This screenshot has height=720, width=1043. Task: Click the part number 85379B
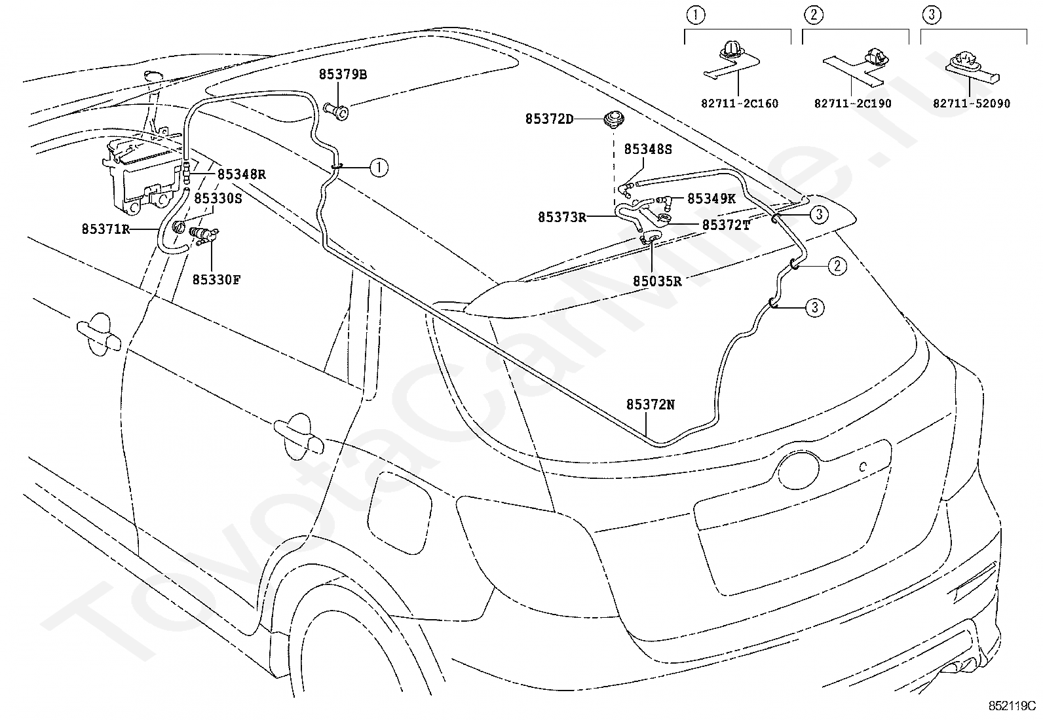(343, 75)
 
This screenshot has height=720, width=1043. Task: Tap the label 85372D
(550, 119)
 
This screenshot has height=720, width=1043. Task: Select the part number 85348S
(648, 149)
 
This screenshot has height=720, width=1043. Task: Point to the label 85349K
(711, 199)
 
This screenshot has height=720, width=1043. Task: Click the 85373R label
(562, 217)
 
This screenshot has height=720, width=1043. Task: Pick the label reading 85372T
(727, 225)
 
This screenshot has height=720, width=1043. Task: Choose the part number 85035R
(657, 281)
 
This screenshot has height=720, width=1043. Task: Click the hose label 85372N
(650, 405)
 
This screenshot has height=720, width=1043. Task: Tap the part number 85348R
(242, 174)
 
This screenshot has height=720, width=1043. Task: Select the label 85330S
(218, 199)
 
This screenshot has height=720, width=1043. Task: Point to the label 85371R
(105, 229)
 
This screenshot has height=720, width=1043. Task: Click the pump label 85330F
(216, 280)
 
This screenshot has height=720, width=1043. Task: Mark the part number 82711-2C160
(740, 104)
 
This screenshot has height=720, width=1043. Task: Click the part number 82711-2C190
(852, 104)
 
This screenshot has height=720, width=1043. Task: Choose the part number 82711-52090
(972, 104)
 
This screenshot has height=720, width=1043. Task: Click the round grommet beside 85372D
(614, 119)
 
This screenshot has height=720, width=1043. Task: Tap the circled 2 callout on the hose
(837, 266)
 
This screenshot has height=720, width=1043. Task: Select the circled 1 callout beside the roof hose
(379, 167)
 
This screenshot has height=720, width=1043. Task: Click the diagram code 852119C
(1012, 706)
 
